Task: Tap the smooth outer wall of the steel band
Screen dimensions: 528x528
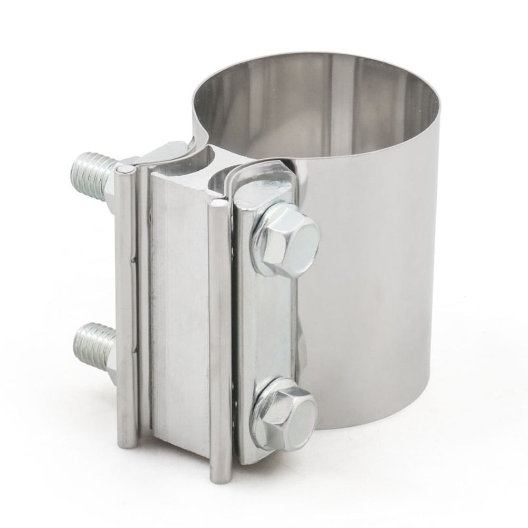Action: point(380,264)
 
